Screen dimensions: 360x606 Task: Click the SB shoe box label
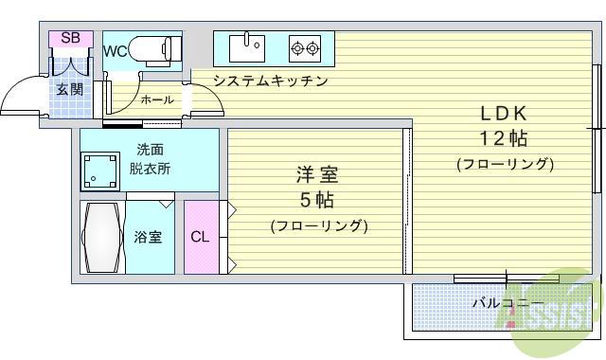(69, 38)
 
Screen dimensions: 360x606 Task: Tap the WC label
(115, 51)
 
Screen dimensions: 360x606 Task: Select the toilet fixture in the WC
(157, 48)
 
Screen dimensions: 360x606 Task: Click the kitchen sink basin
(251, 45)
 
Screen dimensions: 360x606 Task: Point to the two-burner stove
(305, 45)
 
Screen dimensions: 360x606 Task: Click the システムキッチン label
(270, 81)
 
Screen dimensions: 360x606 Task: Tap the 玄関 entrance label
(69, 90)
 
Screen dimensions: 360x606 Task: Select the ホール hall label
(156, 99)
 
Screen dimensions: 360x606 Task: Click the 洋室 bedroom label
(317, 175)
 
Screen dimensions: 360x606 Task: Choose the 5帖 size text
(317, 200)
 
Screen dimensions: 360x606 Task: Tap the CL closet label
(199, 237)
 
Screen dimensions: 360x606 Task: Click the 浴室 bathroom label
(148, 237)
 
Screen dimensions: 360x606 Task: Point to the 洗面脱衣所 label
(151, 159)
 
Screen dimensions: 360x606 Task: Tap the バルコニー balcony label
(502, 303)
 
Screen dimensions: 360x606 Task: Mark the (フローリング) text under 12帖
(504, 164)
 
